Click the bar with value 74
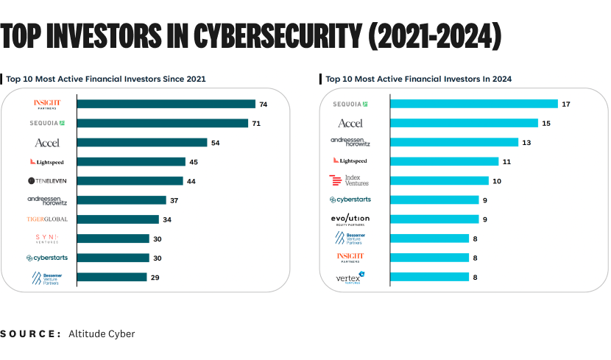[166, 105]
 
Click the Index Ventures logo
[350, 180]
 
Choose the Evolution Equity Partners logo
[350, 219]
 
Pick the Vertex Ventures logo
[350, 278]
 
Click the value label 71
[256, 124]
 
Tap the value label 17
[565, 105]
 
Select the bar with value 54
[142, 143]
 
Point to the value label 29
[155, 278]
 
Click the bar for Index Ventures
[439, 181]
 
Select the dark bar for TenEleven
[130, 181]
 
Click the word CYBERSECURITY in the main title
[280, 35]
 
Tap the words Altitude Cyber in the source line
[102, 334]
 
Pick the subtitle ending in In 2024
[418, 78]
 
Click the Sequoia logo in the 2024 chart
[350, 105]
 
